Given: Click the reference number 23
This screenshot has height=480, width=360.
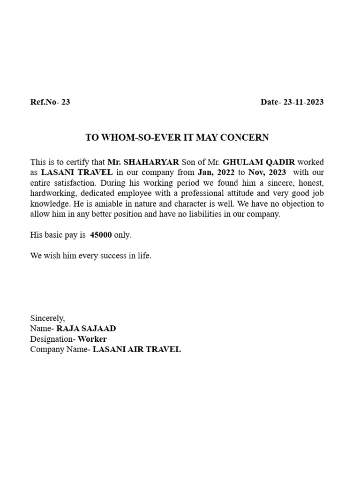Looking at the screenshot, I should coord(65,102).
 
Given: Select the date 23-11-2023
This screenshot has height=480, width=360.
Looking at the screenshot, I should coord(301,102).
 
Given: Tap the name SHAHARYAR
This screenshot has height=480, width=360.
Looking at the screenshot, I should coord(151,162).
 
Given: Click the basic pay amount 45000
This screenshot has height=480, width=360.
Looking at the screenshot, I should coord(101,235).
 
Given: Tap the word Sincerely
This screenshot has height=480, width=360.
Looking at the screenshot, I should coord(48,318).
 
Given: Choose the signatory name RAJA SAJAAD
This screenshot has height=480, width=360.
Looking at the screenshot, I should coord(86,328).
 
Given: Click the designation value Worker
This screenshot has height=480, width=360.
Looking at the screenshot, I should coord(92,338).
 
